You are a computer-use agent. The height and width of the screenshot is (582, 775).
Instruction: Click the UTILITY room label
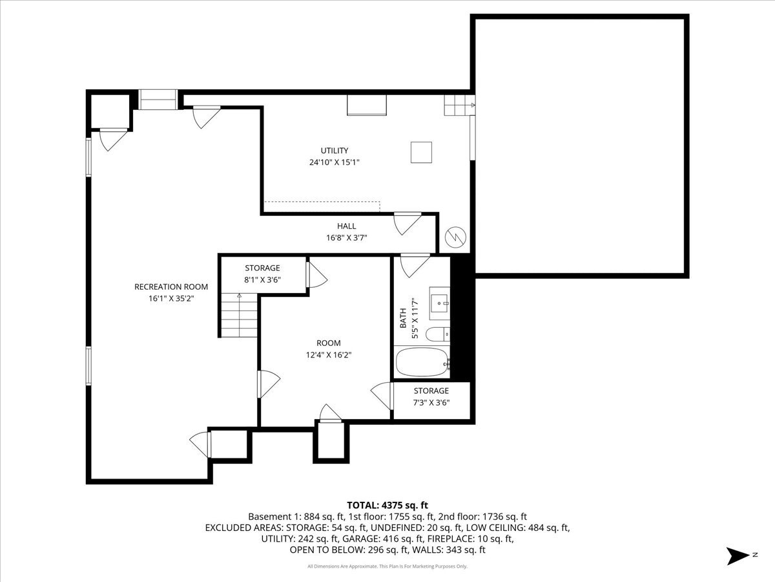click(334, 151)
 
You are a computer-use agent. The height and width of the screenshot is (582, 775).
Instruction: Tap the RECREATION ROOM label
click(171, 287)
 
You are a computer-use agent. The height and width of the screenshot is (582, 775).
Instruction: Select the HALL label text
click(346, 226)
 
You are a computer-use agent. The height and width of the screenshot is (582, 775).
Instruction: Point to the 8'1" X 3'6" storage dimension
click(262, 280)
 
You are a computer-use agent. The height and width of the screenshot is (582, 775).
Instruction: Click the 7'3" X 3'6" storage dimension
click(431, 402)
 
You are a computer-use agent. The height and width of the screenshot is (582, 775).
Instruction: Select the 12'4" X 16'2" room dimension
click(328, 354)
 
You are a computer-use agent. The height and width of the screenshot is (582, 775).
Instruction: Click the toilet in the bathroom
click(440, 334)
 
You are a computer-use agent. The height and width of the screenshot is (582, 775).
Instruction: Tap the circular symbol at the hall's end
click(455, 237)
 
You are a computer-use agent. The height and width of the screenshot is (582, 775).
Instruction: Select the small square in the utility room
click(421, 153)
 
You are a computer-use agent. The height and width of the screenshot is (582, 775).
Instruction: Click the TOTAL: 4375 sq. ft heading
click(387, 505)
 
